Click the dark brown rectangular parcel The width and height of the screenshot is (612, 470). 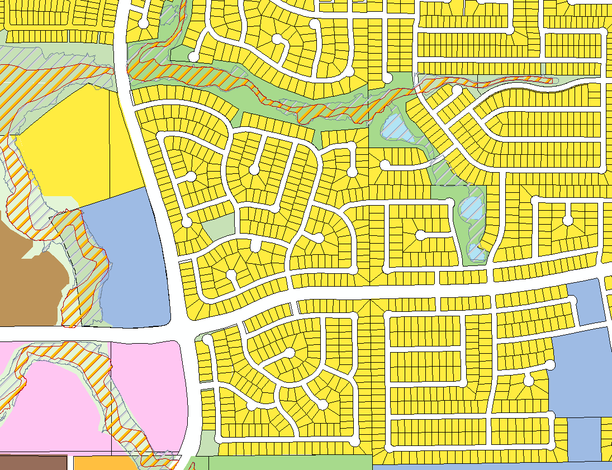[34, 463]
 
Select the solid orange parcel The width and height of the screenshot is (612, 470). [103, 463]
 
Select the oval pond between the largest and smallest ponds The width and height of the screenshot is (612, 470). [471, 208]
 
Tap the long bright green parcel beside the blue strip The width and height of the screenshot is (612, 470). [291, 463]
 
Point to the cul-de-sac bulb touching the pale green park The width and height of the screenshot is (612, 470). [187, 222]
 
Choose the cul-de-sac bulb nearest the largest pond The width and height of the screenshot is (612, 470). [385, 165]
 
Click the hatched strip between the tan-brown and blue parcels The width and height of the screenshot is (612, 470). [84, 268]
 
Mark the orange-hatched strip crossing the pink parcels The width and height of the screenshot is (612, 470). [112, 391]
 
